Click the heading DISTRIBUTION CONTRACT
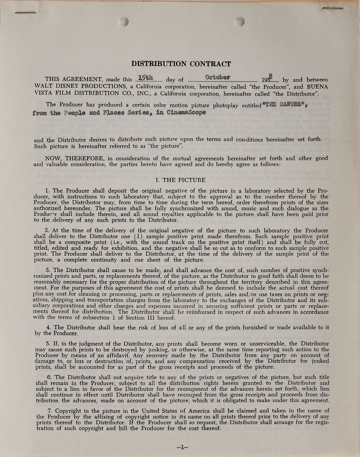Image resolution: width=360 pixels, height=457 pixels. coord(181,64)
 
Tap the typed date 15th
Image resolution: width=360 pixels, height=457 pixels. coord(145,78)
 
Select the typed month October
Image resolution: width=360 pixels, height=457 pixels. coord(218,77)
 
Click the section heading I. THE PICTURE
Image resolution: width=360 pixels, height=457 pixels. coord(181,180)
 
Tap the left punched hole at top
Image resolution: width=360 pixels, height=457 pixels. coord(123,22)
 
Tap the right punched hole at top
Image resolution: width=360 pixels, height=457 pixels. coord(239,22)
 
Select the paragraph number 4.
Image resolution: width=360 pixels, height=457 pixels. coord(48,328)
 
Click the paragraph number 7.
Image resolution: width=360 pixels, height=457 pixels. coord(48,411)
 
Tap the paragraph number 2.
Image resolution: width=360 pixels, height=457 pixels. coord(47,230)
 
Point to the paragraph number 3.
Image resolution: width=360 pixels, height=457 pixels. coord(48,270)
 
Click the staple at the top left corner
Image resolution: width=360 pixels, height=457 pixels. coord(26,13)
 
